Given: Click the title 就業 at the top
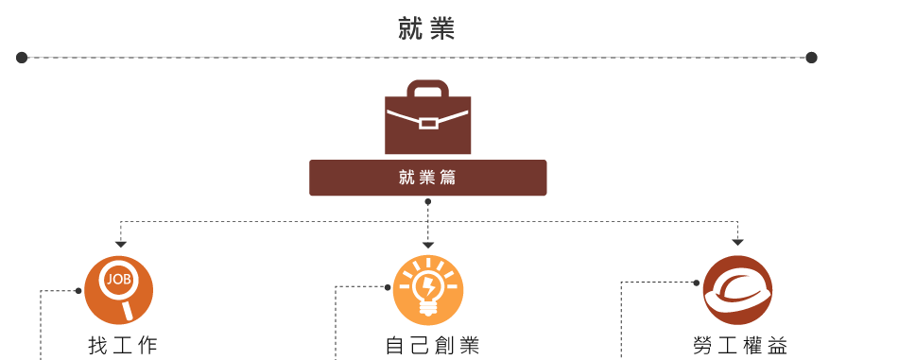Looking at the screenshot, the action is pos(427,30).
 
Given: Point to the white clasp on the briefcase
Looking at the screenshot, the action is pos(428,123).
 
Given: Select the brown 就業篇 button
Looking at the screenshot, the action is pos(427,178).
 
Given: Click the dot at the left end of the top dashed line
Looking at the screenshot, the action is pos(22,58).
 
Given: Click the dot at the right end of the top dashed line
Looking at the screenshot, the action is pos(811,58).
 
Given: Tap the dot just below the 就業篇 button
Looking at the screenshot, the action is pos(428,201).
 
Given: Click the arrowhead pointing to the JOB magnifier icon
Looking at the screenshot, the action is pos(120,244).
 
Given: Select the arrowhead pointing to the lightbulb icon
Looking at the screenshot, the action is pos(428,245).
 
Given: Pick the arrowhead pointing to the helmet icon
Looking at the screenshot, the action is pos(737,243).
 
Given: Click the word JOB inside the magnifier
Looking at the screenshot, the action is pos(118,280).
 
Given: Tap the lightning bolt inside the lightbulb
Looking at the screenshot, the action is pos(428,283).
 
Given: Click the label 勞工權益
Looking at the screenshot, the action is pos(739,346).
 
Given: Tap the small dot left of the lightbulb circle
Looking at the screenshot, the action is pos(388,286).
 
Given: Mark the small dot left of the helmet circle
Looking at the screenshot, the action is pos(696,283).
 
